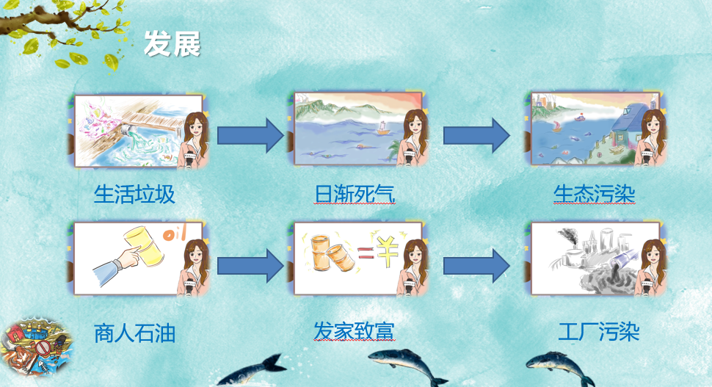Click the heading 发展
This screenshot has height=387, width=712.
tap(172, 45)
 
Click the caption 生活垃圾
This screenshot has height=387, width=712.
tap(134, 195)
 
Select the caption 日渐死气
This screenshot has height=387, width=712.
tap(355, 195)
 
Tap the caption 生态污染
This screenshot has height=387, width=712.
tap(594, 195)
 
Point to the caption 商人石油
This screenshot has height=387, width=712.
tap(134, 333)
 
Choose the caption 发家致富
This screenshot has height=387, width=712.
tap(355, 332)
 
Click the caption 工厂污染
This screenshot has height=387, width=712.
tap(598, 332)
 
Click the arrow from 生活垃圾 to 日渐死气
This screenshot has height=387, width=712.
tap(250, 134)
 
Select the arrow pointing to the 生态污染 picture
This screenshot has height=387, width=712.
tap(477, 134)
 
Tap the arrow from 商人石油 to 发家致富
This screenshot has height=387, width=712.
tap(250, 264)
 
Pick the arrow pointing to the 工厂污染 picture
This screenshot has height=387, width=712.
tap(477, 264)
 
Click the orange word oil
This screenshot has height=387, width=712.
tap(174, 235)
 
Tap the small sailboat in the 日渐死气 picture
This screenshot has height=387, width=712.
tap(382, 129)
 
